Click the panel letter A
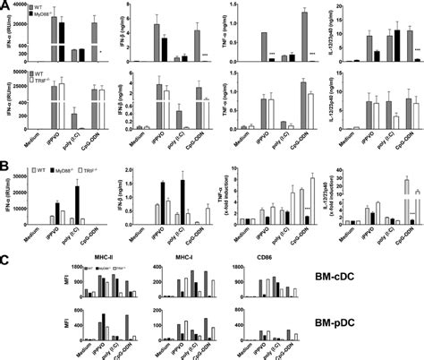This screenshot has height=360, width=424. coord(6,6)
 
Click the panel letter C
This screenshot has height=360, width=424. coord(6,261)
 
